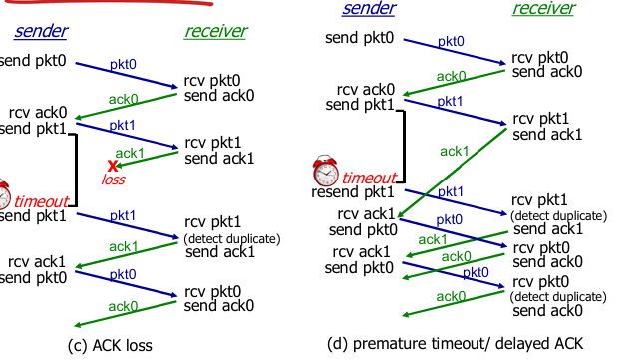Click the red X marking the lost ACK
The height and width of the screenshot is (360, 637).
click(114, 166)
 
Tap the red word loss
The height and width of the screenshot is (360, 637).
click(114, 180)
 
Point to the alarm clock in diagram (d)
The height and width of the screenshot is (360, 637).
click(325, 171)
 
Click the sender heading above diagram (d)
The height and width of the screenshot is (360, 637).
click(368, 9)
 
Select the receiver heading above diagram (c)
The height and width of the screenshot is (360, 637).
click(215, 31)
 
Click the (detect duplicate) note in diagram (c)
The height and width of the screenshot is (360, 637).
click(232, 238)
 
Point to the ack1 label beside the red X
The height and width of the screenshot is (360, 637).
click(130, 153)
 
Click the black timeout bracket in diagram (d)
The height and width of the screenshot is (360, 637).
click(403, 147)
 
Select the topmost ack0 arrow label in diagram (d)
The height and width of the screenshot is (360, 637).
click(451, 76)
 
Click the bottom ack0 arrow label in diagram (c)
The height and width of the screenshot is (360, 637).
click(123, 306)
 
